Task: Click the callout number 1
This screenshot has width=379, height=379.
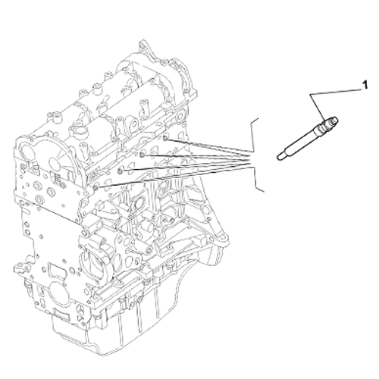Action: pyautogui.click(x=365, y=85)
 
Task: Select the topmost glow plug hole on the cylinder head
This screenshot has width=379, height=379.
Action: pyautogui.click(x=164, y=138)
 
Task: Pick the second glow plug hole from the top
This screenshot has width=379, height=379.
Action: pyautogui.click(x=142, y=155)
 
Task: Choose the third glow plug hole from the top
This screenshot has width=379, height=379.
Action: pyautogui.click(x=121, y=171)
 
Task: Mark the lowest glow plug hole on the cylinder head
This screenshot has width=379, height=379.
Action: pyautogui.click(x=96, y=187)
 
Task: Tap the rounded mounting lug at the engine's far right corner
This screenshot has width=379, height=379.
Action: pyautogui.click(x=222, y=239)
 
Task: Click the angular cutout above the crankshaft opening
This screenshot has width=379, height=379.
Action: pyautogui.click(x=58, y=270)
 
